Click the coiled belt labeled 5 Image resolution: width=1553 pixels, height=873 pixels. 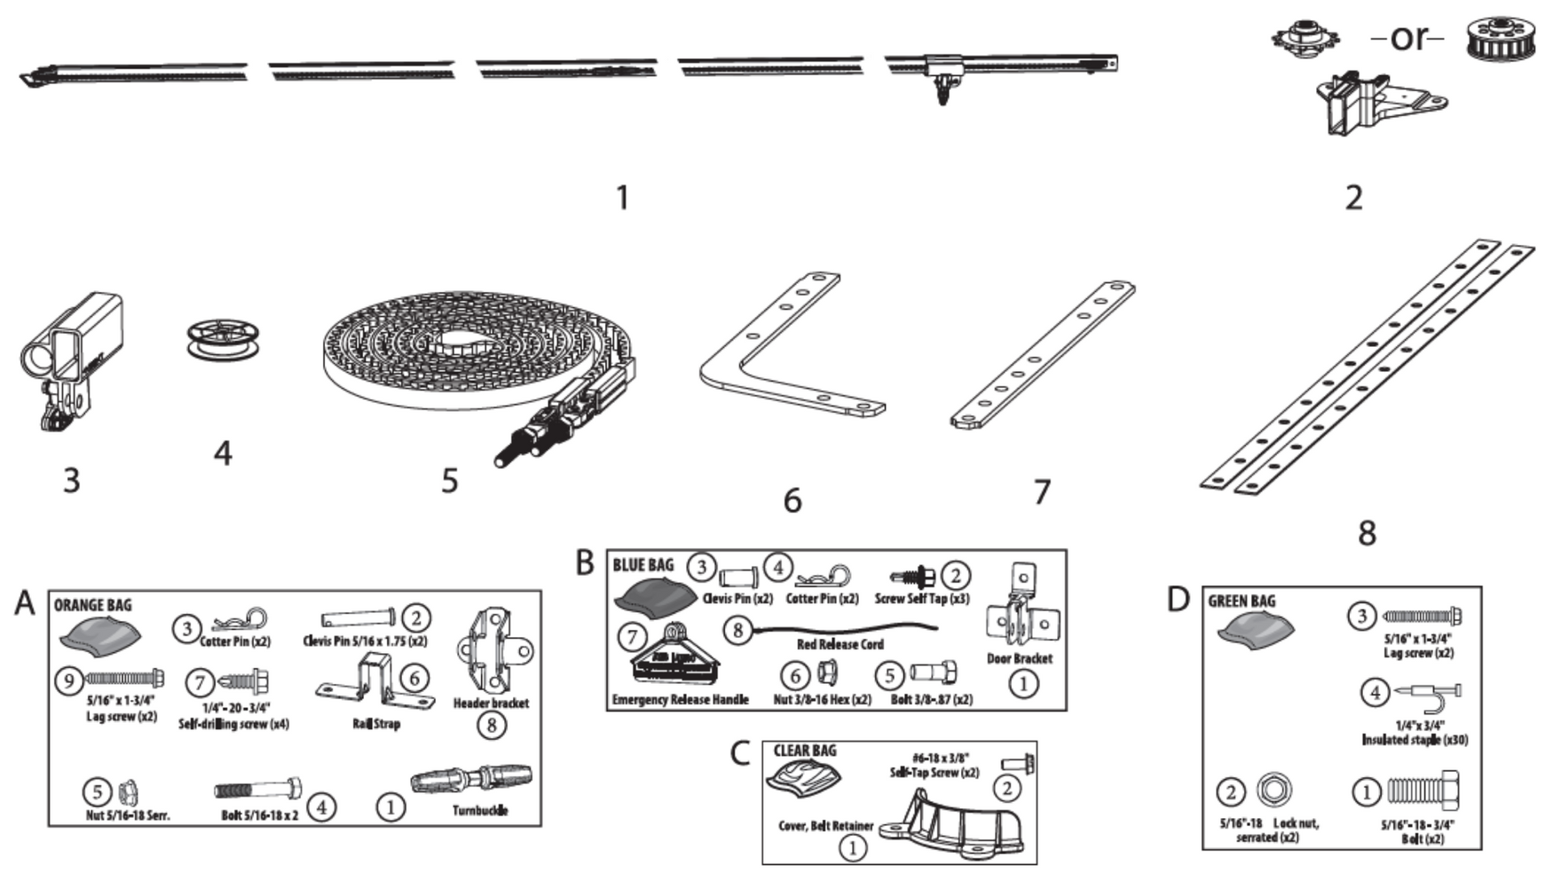[461, 355]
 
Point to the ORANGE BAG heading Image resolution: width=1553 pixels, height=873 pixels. [92, 605]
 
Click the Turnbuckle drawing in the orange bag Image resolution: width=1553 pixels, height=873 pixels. [471, 780]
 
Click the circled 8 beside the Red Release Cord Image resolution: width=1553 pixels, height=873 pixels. [737, 631]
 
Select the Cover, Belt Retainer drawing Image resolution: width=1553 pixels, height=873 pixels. [958, 826]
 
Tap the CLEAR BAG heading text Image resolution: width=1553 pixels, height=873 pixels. [804, 751]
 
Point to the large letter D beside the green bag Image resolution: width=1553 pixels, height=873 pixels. [1178, 599]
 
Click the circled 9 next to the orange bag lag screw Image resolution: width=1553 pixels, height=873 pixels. [68, 681]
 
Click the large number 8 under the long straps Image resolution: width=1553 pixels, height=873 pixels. [1367, 532]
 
